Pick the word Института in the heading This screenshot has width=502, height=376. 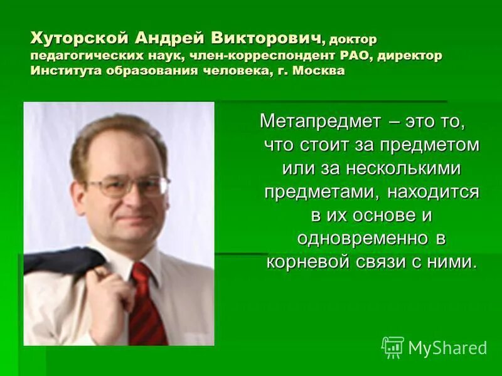tap(65, 70)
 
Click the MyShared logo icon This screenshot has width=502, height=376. tap(393, 347)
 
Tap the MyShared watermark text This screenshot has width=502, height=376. tap(447, 348)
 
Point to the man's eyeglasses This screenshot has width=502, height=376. tap(128, 186)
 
